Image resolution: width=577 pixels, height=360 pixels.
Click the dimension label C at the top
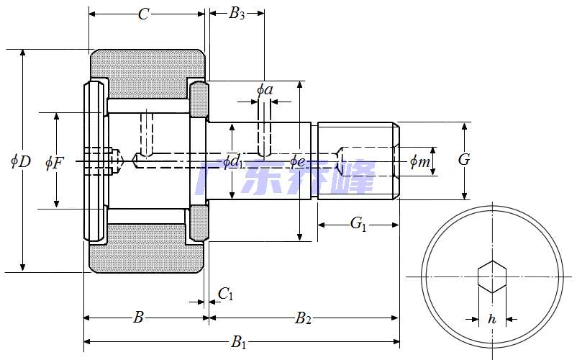click(144, 14)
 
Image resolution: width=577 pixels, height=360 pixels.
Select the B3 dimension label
click(237, 14)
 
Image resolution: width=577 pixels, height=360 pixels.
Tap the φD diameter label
click(20, 161)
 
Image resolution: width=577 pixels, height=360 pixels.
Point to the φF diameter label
click(54, 163)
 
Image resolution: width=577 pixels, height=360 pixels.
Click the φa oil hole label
click(265, 89)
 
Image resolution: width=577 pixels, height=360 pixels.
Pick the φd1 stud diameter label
click(232, 161)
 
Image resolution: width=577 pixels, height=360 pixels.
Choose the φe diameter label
click(298, 161)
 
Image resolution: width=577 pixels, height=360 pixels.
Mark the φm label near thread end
click(420, 162)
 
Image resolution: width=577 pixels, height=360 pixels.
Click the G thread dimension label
click(464, 160)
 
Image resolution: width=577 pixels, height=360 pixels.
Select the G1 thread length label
click(358, 225)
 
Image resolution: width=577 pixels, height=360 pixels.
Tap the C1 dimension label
click(226, 294)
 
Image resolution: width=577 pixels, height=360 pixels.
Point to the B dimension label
click(140, 318)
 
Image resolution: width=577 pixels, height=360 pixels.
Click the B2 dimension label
click(303, 318)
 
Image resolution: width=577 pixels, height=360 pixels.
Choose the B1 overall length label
click(238, 342)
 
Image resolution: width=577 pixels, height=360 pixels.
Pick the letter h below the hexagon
click(492, 318)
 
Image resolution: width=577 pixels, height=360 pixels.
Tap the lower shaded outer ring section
click(147, 257)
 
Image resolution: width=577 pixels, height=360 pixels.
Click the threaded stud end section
click(357, 161)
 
